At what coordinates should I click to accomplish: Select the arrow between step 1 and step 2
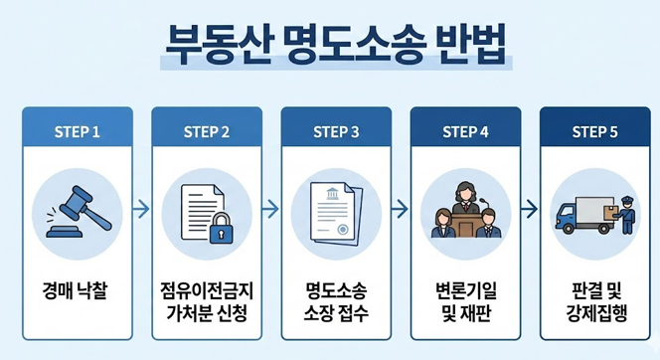pyautogui.click(x=142, y=210)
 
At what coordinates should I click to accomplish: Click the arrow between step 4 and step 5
pyautogui.click(x=530, y=210)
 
